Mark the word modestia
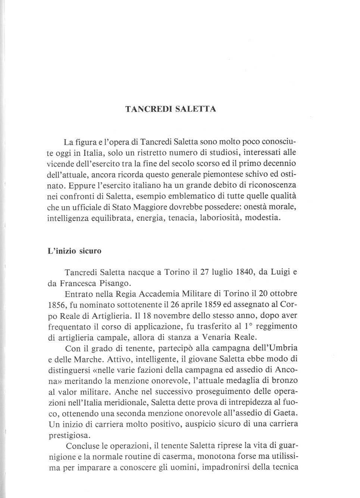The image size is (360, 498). tap(263, 218)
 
